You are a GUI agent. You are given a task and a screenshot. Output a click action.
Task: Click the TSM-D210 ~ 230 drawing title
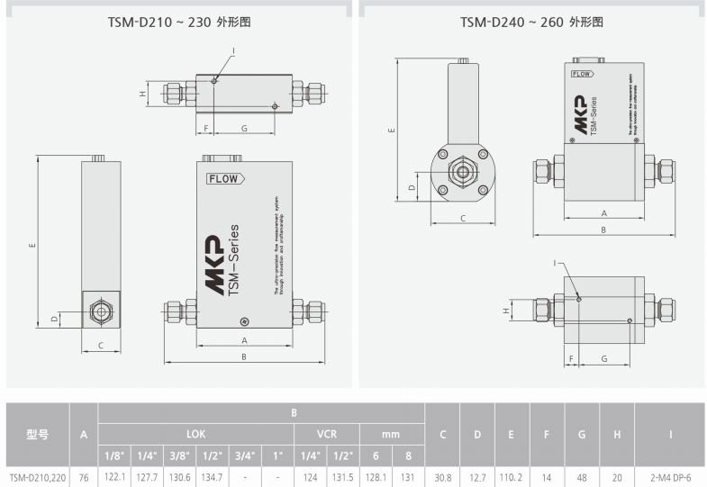tap(177, 22)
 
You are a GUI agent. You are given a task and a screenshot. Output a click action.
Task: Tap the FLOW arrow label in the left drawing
tap(223, 179)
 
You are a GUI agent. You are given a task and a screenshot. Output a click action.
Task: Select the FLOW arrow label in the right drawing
tap(583, 75)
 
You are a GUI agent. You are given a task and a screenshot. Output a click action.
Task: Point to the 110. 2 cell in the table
tap(511, 477)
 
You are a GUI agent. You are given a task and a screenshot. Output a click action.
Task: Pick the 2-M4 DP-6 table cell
tap(670, 477)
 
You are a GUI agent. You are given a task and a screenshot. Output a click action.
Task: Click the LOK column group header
tap(195, 433)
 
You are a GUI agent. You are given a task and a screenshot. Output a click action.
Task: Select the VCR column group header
tap(327, 433)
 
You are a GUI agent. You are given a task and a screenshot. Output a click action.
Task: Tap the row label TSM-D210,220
tap(36, 477)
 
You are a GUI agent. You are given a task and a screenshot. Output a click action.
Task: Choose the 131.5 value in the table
tap(343, 477)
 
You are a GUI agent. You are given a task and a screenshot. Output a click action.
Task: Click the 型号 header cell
tap(36, 434)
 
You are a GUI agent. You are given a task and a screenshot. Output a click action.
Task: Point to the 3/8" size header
tap(179, 455)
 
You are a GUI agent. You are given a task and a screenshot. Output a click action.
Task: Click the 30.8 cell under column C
tap(442, 477)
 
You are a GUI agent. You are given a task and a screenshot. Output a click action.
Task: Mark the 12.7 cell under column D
tap(477, 477)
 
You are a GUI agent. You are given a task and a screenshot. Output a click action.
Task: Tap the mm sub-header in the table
tap(392, 433)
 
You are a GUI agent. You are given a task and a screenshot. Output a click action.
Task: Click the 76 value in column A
tap(84, 477)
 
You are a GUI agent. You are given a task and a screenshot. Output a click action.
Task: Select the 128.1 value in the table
tap(376, 477)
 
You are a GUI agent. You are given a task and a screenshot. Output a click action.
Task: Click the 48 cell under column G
tap(582, 477)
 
